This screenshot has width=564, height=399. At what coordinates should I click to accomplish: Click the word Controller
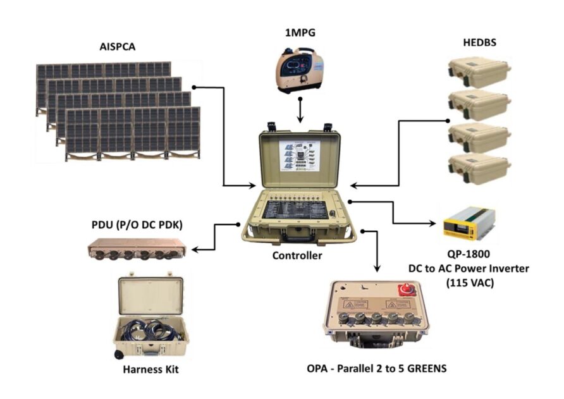pos(297,256)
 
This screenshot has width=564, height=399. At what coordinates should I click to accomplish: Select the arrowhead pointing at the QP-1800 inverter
pos(432,223)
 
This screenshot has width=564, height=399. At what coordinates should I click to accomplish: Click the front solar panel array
pos(133,133)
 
